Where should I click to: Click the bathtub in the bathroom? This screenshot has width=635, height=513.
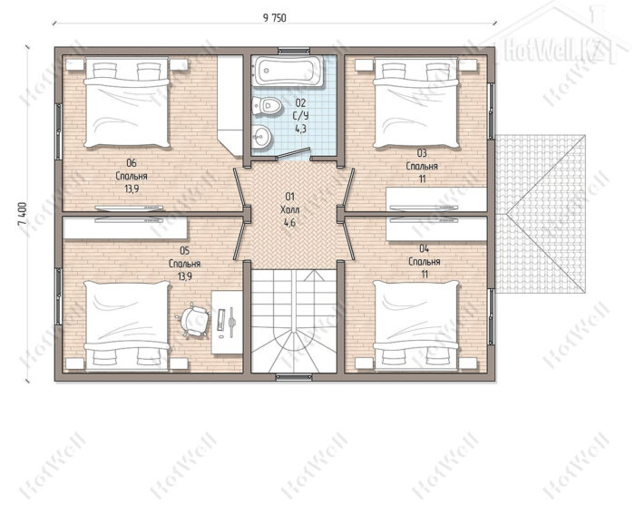(288, 71)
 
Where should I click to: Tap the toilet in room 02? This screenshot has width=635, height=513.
(267, 106)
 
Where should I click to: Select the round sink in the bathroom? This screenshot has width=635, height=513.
(261, 137)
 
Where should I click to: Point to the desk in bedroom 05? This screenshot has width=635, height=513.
(227, 323)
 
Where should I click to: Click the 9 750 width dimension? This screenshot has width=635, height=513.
(274, 18)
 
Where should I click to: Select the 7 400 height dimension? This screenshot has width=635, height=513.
(23, 215)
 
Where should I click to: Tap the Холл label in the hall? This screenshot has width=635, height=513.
(289, 209)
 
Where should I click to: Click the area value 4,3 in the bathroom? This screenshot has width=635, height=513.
(300, 129)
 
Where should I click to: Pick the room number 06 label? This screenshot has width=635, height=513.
(132, 163)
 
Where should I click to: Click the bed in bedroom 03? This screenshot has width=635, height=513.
(415, 103)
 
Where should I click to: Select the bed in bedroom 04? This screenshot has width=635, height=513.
(415, 325)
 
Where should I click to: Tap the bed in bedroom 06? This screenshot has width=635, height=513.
(127, 102)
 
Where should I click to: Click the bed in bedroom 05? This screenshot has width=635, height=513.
(127, 325)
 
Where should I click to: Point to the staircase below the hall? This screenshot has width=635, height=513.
(294, 321)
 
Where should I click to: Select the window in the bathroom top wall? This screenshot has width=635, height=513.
(294, 51)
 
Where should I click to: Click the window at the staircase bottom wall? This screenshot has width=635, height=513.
(294, 377)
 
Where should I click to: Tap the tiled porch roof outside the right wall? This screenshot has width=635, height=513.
(541, 214)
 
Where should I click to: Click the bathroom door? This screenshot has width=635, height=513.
(295, 151)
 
